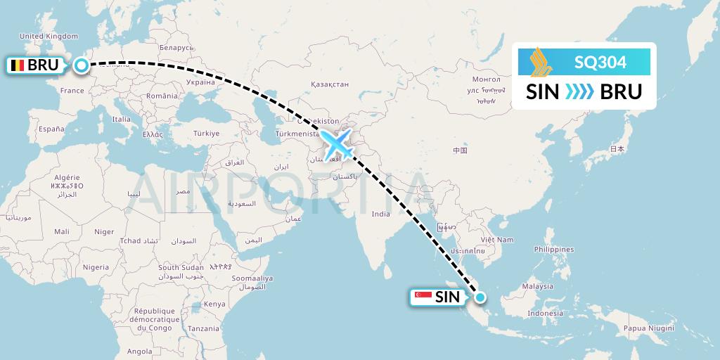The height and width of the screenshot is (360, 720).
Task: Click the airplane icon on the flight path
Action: pos(337,143)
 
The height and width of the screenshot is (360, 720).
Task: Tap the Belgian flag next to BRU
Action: pos(17,66)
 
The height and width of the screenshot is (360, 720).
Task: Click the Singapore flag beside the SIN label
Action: pos(423,297)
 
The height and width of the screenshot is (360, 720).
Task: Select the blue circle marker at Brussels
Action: pos(82,66)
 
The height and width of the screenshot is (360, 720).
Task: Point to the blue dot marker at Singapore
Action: pos(480,297)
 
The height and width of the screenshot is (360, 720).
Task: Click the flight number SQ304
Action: pos(600,63)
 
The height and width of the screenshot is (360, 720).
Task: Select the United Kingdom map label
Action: pos(49,37)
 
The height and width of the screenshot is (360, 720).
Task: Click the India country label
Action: pos(380,214)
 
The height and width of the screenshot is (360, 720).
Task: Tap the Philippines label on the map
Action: pos(553,249)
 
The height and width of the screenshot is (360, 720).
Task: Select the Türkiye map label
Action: pos(207,133)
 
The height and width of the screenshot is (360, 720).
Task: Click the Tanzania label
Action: pos(203,328)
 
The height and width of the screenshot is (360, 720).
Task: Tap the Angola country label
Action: pos(140,351)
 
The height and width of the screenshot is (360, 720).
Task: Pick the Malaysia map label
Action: pos(538,286)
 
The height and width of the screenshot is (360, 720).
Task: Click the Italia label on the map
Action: pos(121,119)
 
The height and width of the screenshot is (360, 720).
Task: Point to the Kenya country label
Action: pos(214,304)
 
